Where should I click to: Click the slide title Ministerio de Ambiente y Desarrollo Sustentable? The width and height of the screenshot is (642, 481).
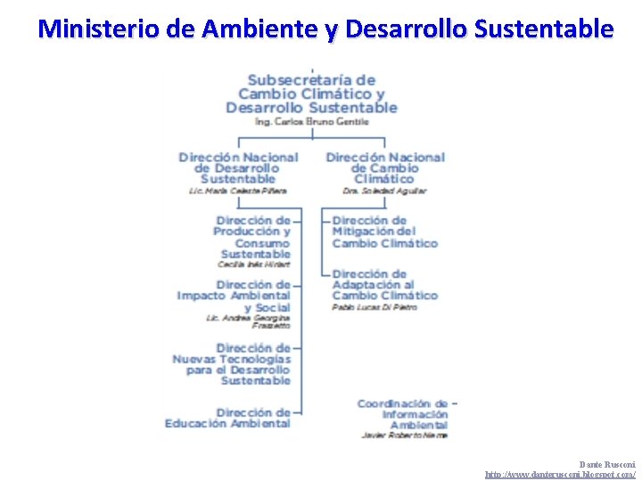[325, 29]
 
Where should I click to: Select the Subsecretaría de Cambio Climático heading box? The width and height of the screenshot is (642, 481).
[311, 94]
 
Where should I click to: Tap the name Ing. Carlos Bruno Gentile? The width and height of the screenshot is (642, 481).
[311, 121]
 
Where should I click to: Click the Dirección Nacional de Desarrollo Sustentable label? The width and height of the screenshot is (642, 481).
[238, 167]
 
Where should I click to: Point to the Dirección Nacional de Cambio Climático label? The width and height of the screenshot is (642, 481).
[384, 167]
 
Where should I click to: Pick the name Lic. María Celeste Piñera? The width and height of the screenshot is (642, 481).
[238, 191]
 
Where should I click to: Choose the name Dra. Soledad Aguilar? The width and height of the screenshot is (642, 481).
[384, 191]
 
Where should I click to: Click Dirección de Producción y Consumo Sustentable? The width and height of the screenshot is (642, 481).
[253, 237]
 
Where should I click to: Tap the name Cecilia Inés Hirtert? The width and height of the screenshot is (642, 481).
[254, 265]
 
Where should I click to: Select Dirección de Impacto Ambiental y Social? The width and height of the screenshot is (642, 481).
[235, 296]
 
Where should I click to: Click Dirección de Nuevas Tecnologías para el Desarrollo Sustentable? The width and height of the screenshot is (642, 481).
[232, 364]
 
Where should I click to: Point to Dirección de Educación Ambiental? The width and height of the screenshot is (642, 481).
[228, 418]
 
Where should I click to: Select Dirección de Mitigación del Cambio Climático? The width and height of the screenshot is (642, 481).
[384, 232]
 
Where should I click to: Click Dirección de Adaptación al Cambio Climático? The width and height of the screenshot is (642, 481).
[384, 285]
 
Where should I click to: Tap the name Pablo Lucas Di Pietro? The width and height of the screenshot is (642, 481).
[374, 307]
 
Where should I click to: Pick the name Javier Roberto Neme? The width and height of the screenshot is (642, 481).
[405, 436]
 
